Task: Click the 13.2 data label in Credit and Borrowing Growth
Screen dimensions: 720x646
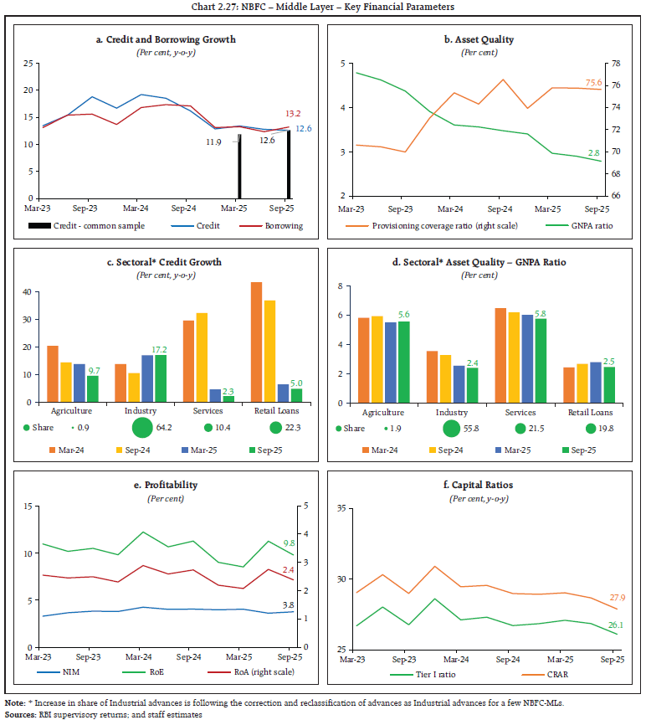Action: click(294, 113)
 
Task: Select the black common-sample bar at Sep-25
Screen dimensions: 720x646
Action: click(290, 163)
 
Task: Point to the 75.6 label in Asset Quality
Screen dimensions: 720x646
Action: click(593, 82)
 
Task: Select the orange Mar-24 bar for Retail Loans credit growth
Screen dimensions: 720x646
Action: click(256, 342)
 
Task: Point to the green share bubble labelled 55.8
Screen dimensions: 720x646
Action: click(452, 429)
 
